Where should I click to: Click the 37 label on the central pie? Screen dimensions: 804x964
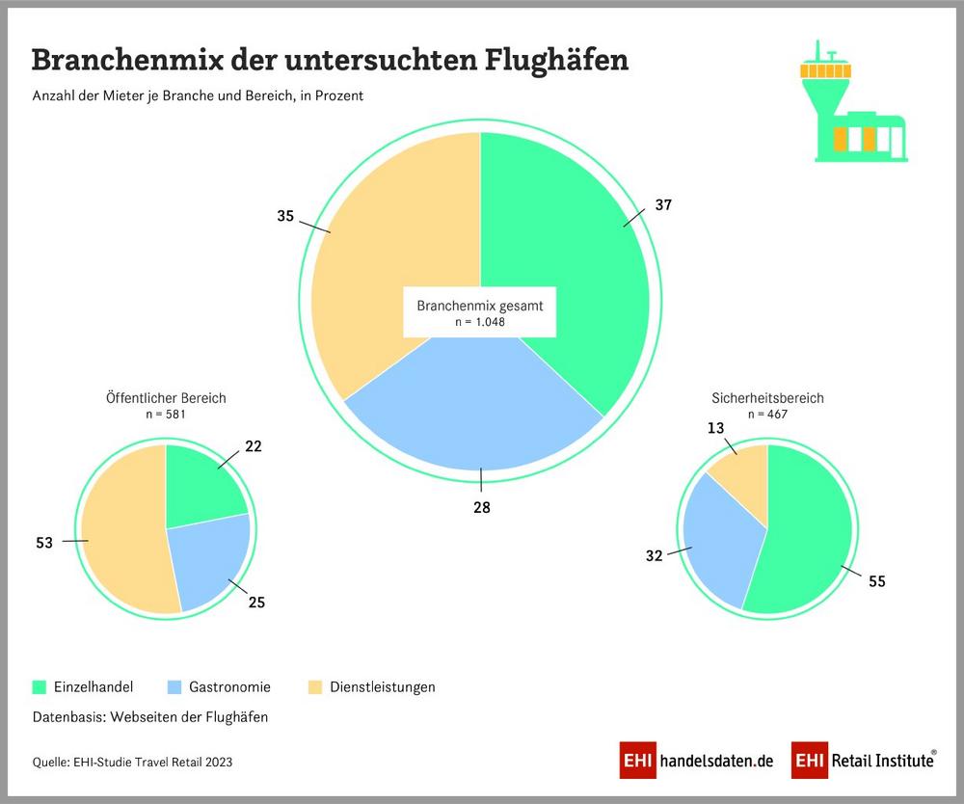662,205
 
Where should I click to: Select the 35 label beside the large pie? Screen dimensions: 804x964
285,217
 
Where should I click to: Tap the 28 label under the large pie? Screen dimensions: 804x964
481,507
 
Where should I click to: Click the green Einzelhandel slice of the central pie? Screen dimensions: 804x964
569,251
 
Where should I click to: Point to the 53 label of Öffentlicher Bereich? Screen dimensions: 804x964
44,543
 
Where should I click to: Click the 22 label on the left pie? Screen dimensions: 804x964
254,446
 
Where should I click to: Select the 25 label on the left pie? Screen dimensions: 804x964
255,603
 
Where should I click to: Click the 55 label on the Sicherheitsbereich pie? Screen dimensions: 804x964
875,581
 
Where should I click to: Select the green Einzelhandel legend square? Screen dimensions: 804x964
40,687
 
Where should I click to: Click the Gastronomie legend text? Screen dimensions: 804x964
229,687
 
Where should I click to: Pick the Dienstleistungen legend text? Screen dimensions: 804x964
383,687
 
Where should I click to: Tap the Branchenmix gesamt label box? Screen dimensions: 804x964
480,311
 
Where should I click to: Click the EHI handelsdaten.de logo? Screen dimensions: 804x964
697,761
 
